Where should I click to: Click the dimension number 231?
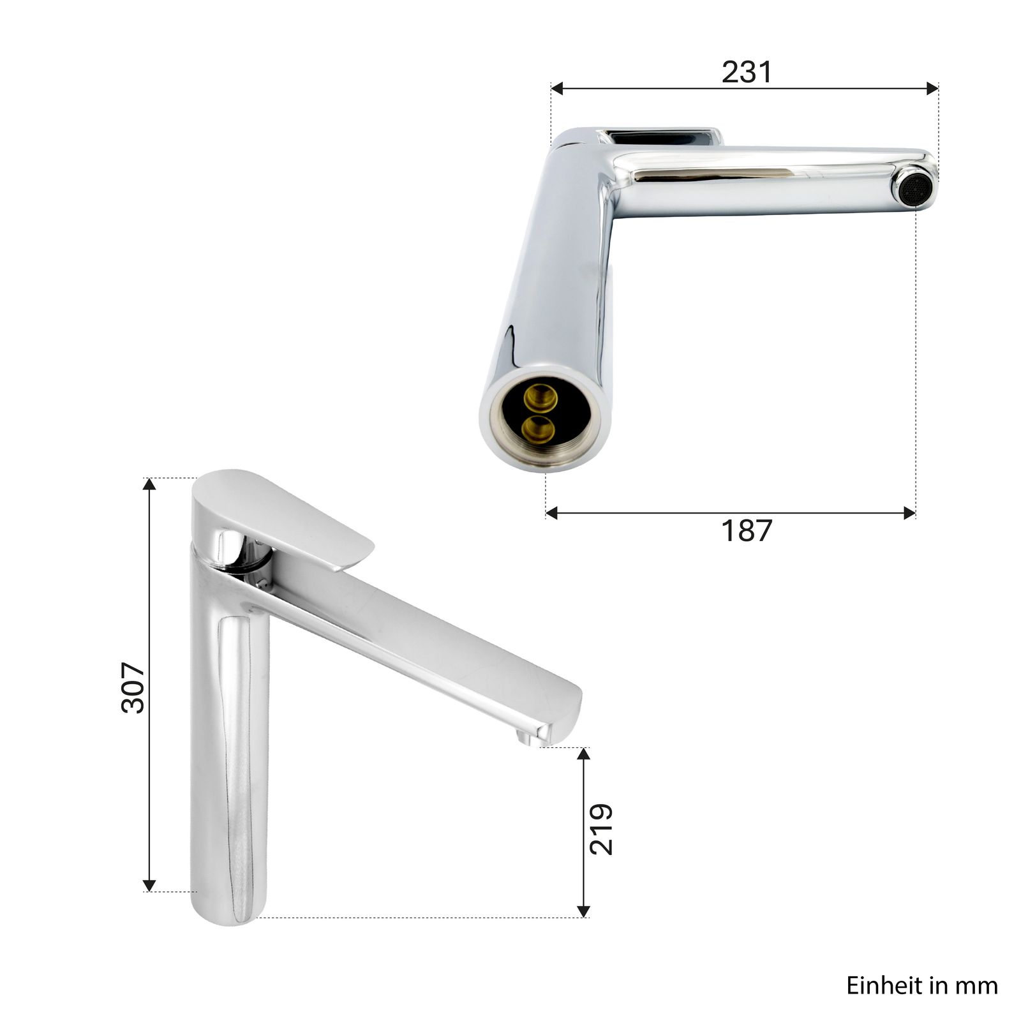(747, 72)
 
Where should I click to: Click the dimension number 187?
(747, 530)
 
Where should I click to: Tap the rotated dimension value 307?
(133, 687)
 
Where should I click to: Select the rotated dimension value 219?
(601, 829)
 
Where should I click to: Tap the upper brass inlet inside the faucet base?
(540, 398)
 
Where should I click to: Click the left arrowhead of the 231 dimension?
(557, 89)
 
